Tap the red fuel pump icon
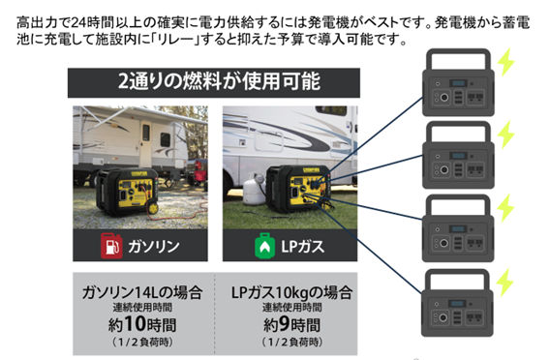click(110, 246)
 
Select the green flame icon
click(261, 246)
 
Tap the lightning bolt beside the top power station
click(505, 62)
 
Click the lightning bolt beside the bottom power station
click(505, 282)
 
